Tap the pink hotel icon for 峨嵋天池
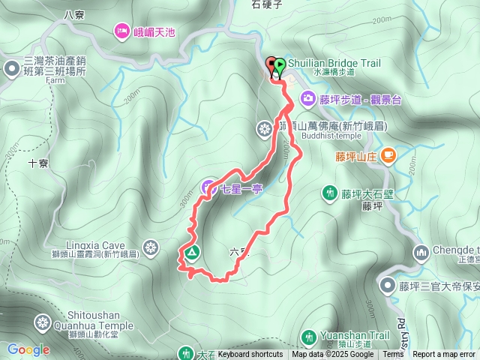pos(121,31)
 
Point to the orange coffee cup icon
pos(388,156)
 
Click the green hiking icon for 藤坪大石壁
pos(328,193)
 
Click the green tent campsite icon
pos(190,253)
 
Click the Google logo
pos(28,349)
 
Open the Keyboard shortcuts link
pos(250,355)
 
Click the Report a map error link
pos(445,355)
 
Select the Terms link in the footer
pos(393,355)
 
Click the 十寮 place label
pos(38,162)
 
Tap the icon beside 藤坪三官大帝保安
pos(387,285)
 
